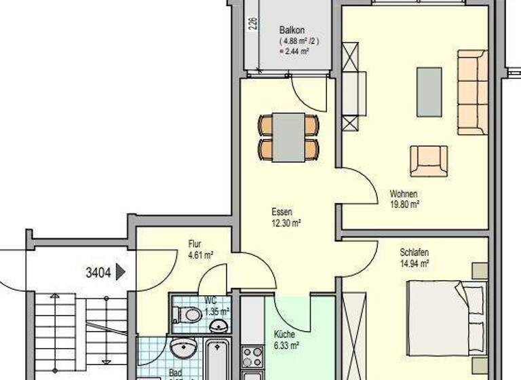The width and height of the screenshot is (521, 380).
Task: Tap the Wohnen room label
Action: (404, 193)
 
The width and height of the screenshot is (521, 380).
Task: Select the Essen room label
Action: (282, 212)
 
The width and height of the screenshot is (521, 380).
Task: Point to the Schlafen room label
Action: (414, 253)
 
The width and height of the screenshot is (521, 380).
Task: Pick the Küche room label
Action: (285, 335)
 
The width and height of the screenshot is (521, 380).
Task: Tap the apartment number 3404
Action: (99, 273)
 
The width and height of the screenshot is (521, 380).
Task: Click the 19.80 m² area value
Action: (404, 204)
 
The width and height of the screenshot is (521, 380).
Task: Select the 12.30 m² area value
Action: (286, 222)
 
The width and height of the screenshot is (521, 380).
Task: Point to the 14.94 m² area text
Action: (415, 263)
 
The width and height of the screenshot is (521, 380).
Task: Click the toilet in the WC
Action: (187, 314)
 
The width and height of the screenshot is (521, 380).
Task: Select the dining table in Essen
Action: (288, 136)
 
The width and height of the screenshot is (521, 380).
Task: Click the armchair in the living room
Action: (429, 160)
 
